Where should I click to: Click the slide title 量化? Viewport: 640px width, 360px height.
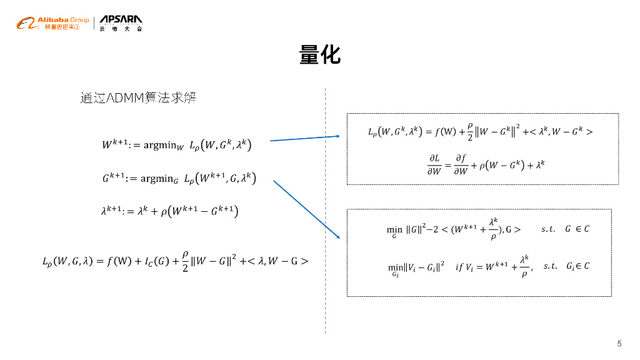coord(319,55)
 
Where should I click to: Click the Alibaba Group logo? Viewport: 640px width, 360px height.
coord(52,23)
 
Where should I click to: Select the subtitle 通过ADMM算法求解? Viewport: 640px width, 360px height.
coord(138,98)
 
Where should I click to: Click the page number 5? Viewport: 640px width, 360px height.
coord(619,343)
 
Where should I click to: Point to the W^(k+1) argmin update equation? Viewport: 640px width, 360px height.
coord(177,144)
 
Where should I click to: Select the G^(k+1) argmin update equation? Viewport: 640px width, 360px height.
coord(178,178)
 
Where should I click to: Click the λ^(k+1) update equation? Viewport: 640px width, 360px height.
coord(169,211)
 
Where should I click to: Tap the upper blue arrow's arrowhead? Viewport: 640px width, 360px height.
coord(337,136)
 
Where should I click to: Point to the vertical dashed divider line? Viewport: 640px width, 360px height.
coord(325,212)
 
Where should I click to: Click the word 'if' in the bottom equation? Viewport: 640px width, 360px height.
coord(459,267)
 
